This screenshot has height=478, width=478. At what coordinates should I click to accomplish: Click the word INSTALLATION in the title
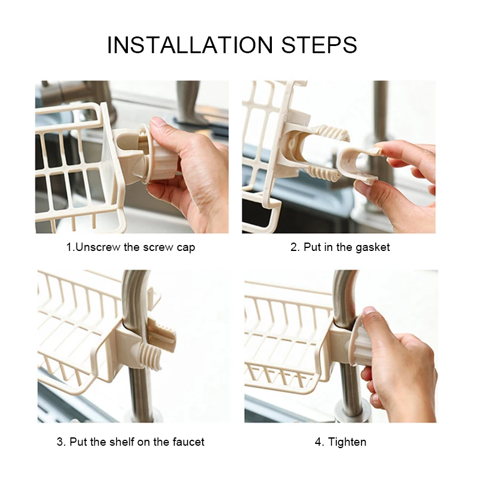tap(190, 45)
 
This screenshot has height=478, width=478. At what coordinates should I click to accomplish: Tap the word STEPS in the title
tap(319, 45)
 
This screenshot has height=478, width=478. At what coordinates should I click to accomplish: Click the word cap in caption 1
tap(186, 248)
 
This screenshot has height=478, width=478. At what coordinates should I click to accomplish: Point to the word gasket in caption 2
tap(372, 247)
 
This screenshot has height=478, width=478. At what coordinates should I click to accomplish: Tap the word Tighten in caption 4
tap(347, 442)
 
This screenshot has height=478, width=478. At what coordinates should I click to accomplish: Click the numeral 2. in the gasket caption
tap(295, 247)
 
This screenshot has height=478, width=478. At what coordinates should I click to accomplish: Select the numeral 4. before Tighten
tap(320, 442)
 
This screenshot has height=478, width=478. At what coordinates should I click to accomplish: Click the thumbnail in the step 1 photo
tap(159, 122)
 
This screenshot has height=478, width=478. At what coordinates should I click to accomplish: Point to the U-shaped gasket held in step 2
tap(360, 165)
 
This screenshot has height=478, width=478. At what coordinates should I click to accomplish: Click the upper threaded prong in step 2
tap(332, 133)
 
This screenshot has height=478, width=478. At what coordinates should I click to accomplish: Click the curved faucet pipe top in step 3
tap(134, 293)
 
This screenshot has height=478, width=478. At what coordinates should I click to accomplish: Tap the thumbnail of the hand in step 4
tap(369, 312)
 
